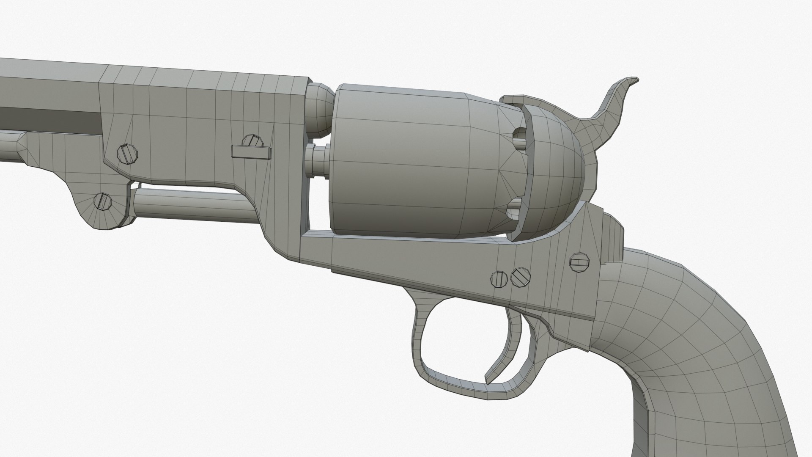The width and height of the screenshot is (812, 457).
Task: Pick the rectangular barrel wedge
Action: [251, 151]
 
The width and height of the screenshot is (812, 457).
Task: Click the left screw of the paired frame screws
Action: [500, 279]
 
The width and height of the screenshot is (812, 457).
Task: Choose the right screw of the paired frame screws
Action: [521, 277]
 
